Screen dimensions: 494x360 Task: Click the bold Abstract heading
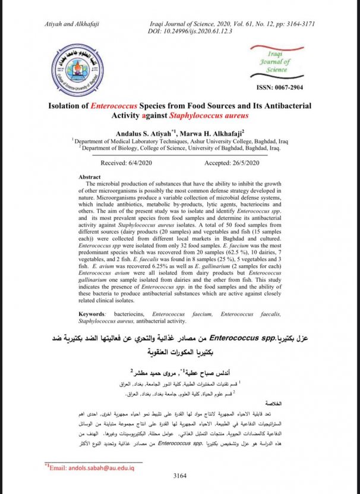[x=90, y=177]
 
